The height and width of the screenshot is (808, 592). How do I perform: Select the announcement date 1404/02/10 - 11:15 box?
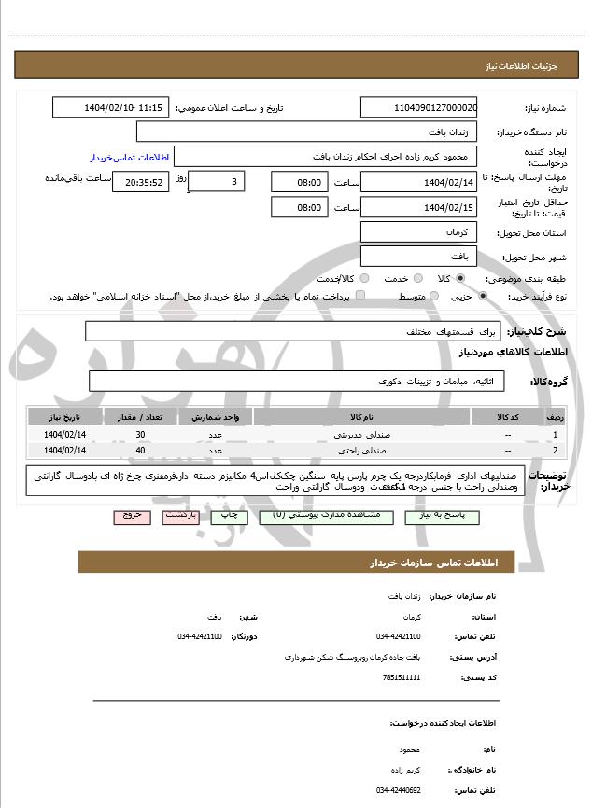pyautogui.click(x=111, y=108)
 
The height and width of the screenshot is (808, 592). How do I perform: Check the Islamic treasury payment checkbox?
pyautogui.click(x=360, y=296)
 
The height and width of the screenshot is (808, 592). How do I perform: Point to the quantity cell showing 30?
pyautogui.click(x=140, y=435)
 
